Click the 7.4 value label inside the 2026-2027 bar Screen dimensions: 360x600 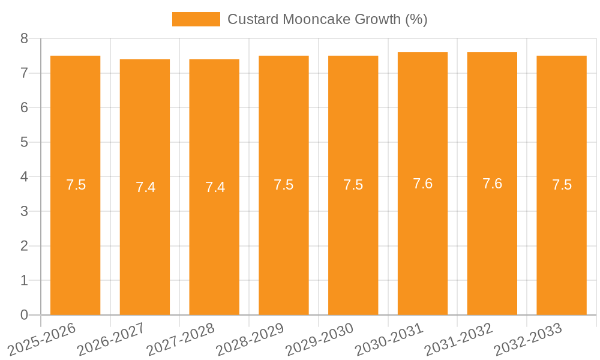pos(145,187)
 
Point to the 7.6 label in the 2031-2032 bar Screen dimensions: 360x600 pos(492,184)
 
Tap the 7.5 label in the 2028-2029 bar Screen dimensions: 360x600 pos(283,185)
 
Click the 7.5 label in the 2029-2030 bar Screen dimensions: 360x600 pos(353,185)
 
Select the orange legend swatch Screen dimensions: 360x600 pos(196,19)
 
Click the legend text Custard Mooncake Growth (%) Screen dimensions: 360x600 pos(327,19)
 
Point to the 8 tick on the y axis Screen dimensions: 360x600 pos(24,38)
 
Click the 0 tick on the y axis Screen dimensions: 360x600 pos(24,315)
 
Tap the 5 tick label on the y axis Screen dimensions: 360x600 pos(24,142)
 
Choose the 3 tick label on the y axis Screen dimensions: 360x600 pos(24,211)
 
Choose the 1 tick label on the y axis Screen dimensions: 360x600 pos(24,280)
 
